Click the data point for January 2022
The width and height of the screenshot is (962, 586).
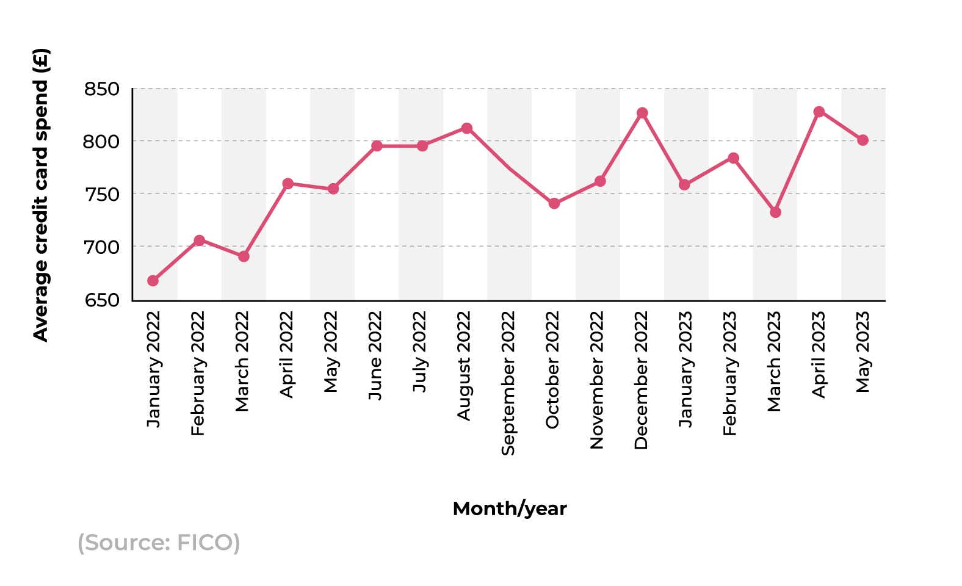coord(153,281)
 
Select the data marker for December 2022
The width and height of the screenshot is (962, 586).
coord(642,113)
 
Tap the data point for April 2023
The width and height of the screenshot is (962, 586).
coord(819,112)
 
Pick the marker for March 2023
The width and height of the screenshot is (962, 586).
coord(775,212)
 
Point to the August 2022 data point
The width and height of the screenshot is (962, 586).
coord(467,128)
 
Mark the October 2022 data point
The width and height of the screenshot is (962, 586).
coord(554,203)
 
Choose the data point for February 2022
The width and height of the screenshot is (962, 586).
coord(199,241)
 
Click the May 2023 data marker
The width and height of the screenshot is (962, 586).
coord(863,140)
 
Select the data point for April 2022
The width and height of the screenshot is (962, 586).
coord(288,184)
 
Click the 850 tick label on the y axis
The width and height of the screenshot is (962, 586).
coord(101,89)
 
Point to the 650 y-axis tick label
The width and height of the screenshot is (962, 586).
coord(101,300)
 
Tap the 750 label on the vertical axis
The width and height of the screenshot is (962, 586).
coord(101,195)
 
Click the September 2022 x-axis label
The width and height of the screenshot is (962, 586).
coord(508,383)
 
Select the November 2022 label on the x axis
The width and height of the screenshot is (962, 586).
coord(596,380)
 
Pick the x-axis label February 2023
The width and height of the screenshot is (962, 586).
coord(729,374)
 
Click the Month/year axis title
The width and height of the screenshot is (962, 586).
coord(510,508)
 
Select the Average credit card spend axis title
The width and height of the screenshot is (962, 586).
coord(40,195)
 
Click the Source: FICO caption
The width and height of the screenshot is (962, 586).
coord(159,542)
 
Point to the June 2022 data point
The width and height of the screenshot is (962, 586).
coord(377,146)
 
